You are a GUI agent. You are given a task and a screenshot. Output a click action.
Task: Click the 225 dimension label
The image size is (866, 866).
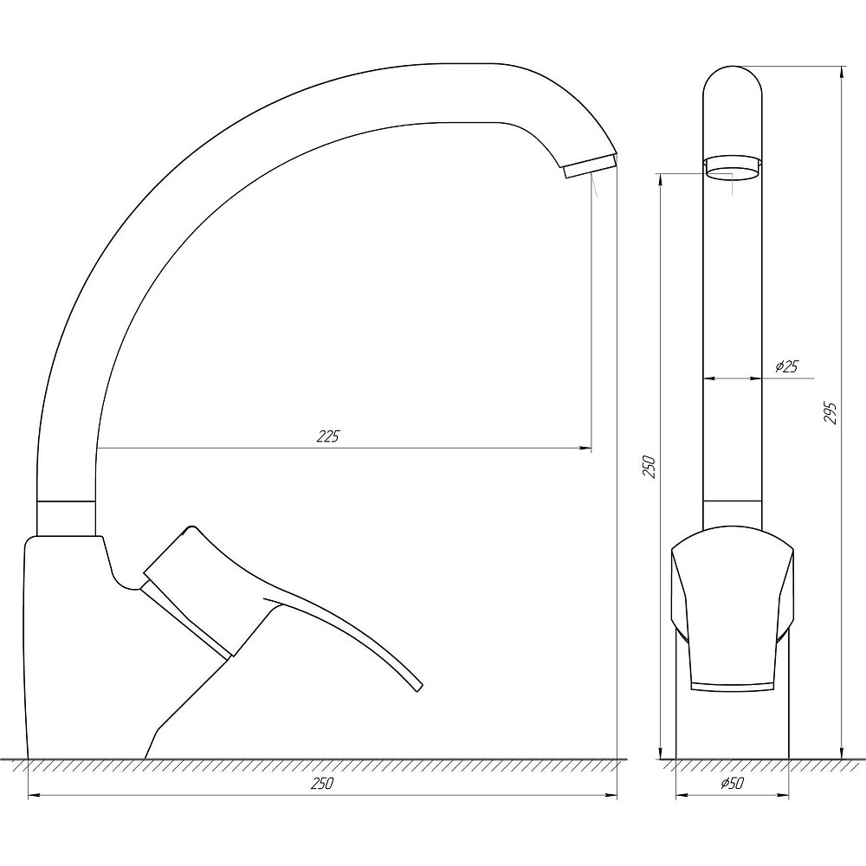pyautogui.click(x=327, y=436)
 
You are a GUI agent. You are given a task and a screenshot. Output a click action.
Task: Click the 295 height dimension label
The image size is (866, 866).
pyautogui.click(x=830, y=413)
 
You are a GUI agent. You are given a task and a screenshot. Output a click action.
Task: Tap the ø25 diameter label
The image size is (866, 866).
pyautogui.click(x=787, y=366)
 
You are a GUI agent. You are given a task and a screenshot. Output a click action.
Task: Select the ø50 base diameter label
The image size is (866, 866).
pyautogui.click(x=733, y=783)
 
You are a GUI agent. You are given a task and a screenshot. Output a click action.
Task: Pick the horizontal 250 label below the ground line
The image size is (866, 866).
pyautogui.click(x=322, y=783)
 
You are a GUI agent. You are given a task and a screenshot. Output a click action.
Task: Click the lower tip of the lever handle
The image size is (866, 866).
pyautogui.click(x=418, y=687)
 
